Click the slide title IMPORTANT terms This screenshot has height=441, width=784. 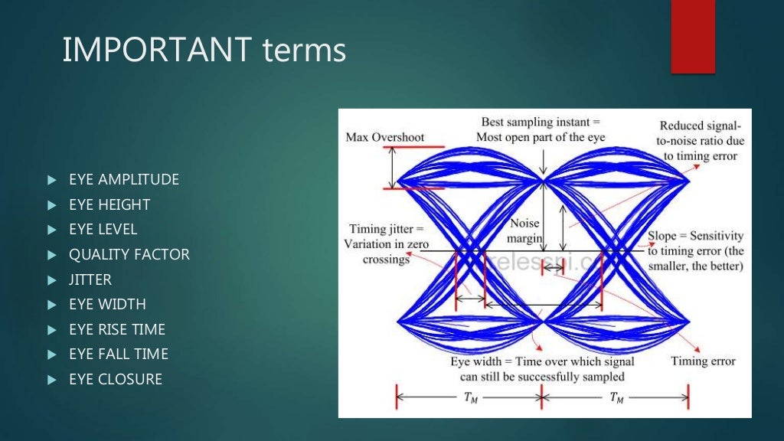tap(204, 51)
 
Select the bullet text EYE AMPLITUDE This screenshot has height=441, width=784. tap(123, 180)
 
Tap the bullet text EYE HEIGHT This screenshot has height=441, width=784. tap(109, 204)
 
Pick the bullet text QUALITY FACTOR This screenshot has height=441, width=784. tap(129, 254)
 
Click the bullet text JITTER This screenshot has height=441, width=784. tap(90, 279)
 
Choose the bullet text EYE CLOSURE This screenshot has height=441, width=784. tap(115, 379)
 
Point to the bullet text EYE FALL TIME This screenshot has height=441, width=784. tap(118, 354)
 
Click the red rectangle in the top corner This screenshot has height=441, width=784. tap(693, 37)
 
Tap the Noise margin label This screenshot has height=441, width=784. tap(525, 231)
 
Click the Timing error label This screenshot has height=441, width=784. tap(703, 361)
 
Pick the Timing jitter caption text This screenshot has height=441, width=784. tap(386, 244)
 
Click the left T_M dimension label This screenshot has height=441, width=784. tap(469, 398)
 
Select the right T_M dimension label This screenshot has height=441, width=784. tap(616, 398)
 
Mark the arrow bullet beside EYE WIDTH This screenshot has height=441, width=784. tap(51, 305)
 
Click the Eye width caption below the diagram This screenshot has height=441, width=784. tap(541, 369)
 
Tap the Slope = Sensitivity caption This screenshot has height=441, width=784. tap(695, 251)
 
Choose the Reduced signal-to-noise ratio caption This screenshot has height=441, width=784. tap(700, 141)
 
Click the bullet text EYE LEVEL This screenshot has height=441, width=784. tap(103, 230)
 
